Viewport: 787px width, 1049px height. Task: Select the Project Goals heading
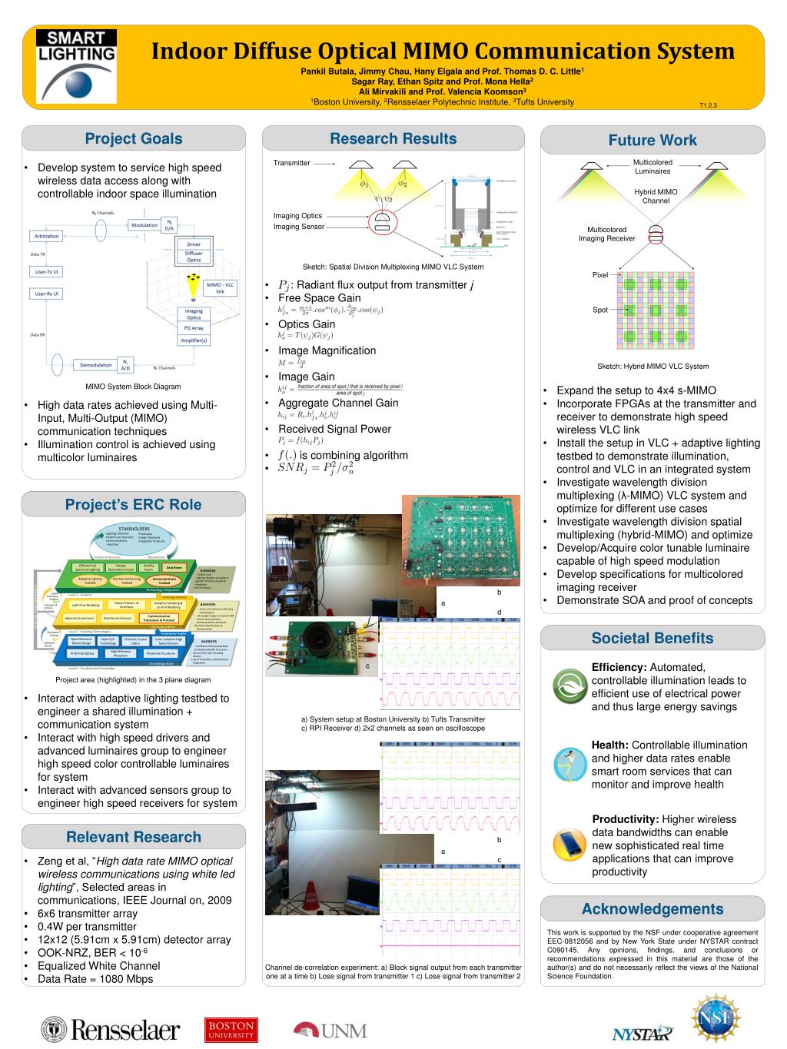[x=134, y=139]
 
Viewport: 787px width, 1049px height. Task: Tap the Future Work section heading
[x=653, y=140]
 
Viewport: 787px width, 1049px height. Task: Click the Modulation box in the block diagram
[x=144, y=225]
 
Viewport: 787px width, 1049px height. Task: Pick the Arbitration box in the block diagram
[x=47, y=236]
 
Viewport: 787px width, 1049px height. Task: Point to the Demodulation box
[x=96, y=365]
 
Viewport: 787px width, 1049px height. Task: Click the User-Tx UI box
[x=47, y=271]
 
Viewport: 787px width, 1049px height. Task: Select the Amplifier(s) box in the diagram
[x=194, y=340]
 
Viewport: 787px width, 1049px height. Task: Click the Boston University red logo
[x=231, y=1030]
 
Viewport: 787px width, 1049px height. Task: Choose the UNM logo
[x=330, y=1030]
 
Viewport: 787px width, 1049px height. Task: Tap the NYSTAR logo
[x=642, y=1033]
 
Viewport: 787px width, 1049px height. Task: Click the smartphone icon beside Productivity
[x=569, y=845]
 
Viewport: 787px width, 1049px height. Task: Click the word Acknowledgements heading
[x=653, y=909]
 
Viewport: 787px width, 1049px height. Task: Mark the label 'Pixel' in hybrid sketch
[x=599, y=274]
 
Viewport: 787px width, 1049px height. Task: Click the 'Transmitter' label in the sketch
[x=291, y=163]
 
